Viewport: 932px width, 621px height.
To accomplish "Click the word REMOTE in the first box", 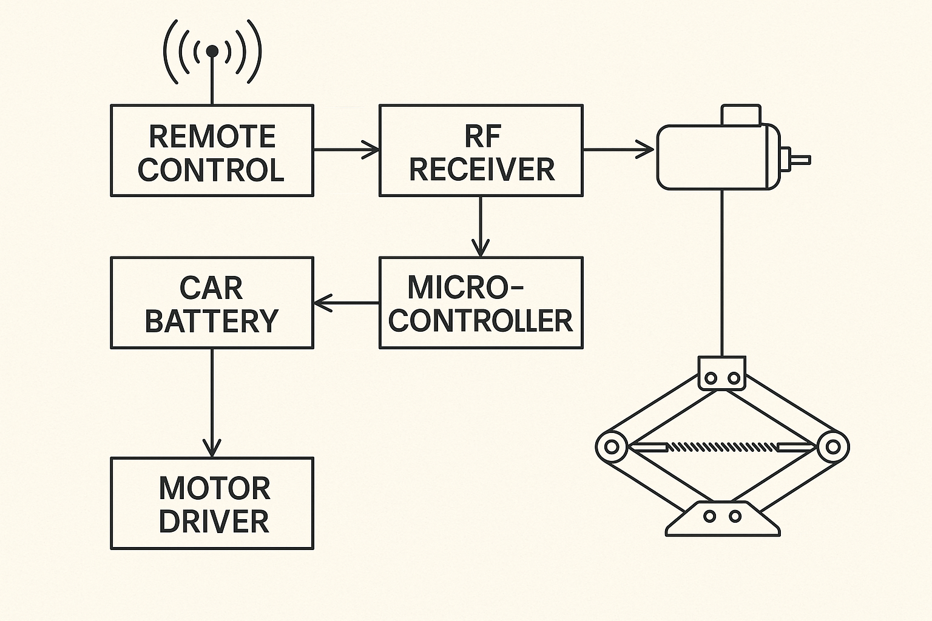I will (212, 136).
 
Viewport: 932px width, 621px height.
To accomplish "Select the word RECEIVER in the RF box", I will (482, 169).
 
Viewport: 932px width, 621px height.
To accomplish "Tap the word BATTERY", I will (212, 320).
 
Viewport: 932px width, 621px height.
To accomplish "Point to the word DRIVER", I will (214, 521).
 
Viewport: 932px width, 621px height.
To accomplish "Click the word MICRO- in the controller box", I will (464, 287).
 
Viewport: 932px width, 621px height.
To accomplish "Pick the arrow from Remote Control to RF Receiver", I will (346, 149).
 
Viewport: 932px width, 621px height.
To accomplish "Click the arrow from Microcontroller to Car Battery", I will (346, 303).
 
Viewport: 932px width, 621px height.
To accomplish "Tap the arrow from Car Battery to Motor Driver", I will (212, 403).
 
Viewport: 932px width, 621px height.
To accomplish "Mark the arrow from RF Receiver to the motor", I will (619, 149).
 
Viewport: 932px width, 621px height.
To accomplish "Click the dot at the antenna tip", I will (212, 52).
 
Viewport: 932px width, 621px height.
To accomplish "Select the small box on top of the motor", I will (741, 115).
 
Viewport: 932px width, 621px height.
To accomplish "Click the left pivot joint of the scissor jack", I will (612, 448).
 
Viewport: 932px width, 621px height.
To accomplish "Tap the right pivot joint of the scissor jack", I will (832, 448).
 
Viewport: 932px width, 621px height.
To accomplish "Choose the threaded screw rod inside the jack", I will (722, 448).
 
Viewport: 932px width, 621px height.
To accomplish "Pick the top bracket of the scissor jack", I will (722, 373).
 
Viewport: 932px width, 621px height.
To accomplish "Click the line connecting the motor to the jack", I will (722, 273).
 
